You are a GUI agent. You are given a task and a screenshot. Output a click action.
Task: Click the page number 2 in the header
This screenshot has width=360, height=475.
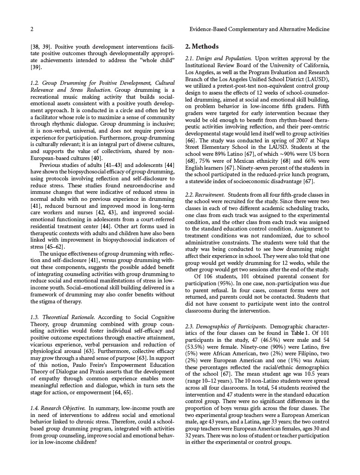click(x=32, y=29)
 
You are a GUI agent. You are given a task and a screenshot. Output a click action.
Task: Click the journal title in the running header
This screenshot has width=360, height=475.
click(x=260, y=29)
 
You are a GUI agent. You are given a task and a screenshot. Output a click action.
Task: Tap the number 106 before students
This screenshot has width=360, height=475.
click(x=208, y=277)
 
